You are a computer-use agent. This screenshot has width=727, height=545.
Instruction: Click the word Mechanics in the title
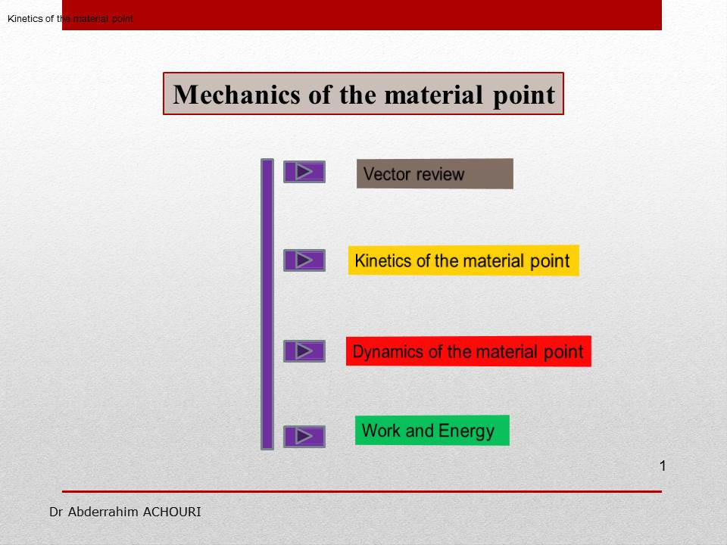pyautogui.click(x=237, y=95)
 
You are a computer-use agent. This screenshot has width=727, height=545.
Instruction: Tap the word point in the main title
pyautogui.click(x=523, y=96)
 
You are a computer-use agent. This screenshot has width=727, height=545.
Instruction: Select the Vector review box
pyautogui.click(x=435, y=174)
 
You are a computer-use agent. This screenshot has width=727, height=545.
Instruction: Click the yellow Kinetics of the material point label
pyautogui.click(x=463, y=260)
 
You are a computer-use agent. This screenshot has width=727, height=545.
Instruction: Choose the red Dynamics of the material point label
pyautogui.click(x=468, y=351)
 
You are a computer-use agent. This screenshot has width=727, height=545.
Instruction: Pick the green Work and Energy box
pyautogui.click(x=432, y=431)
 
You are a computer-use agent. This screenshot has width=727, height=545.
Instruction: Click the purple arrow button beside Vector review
pyautogui.click(x=304, y=172)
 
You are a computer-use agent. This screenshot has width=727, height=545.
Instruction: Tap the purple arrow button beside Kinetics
pyautogui.click(x=304, y=260)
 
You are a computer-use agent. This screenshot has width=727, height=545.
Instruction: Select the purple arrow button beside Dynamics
pyautogui.click(x=304, y=351)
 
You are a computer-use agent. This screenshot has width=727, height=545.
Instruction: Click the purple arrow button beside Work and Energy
pyautogui.click(x=304, y=437)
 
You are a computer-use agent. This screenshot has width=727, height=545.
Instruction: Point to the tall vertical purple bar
pyautogui.click(x=267, y=304)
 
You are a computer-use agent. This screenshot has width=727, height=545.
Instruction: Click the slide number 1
pyautogui.click(x=663, y=466)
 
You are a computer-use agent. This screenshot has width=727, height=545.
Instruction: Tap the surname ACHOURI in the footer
pyautogui.click(x=172, y=512)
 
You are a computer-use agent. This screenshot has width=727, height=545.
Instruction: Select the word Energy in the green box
pyautogui.click(x=466, y=431)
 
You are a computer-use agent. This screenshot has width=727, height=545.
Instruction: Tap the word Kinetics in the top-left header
pyautogui.click(x=25, y=18)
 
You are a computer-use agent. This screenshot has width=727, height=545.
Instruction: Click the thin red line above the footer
pyautogui.click(x=362, y=491)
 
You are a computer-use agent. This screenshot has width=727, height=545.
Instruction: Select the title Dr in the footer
pyautogui.click(x=56, y=512)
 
